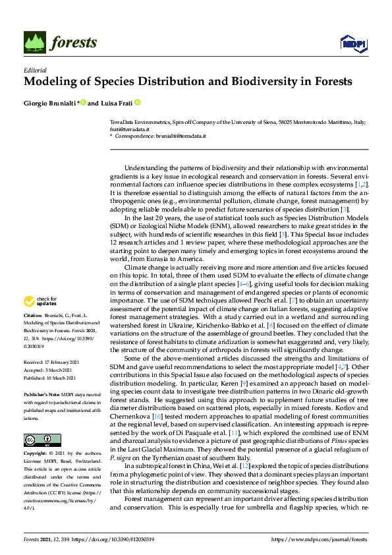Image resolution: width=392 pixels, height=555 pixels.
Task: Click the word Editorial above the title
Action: (x=35, y=69)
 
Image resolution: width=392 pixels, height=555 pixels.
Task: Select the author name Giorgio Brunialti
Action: (x=50, y=103)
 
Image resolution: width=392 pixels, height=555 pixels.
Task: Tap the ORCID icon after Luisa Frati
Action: (x=138, y=103)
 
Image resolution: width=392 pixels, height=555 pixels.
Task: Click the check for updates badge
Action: (x=39, y=301)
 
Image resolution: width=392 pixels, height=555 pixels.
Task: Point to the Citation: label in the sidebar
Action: (x=34, y=316)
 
